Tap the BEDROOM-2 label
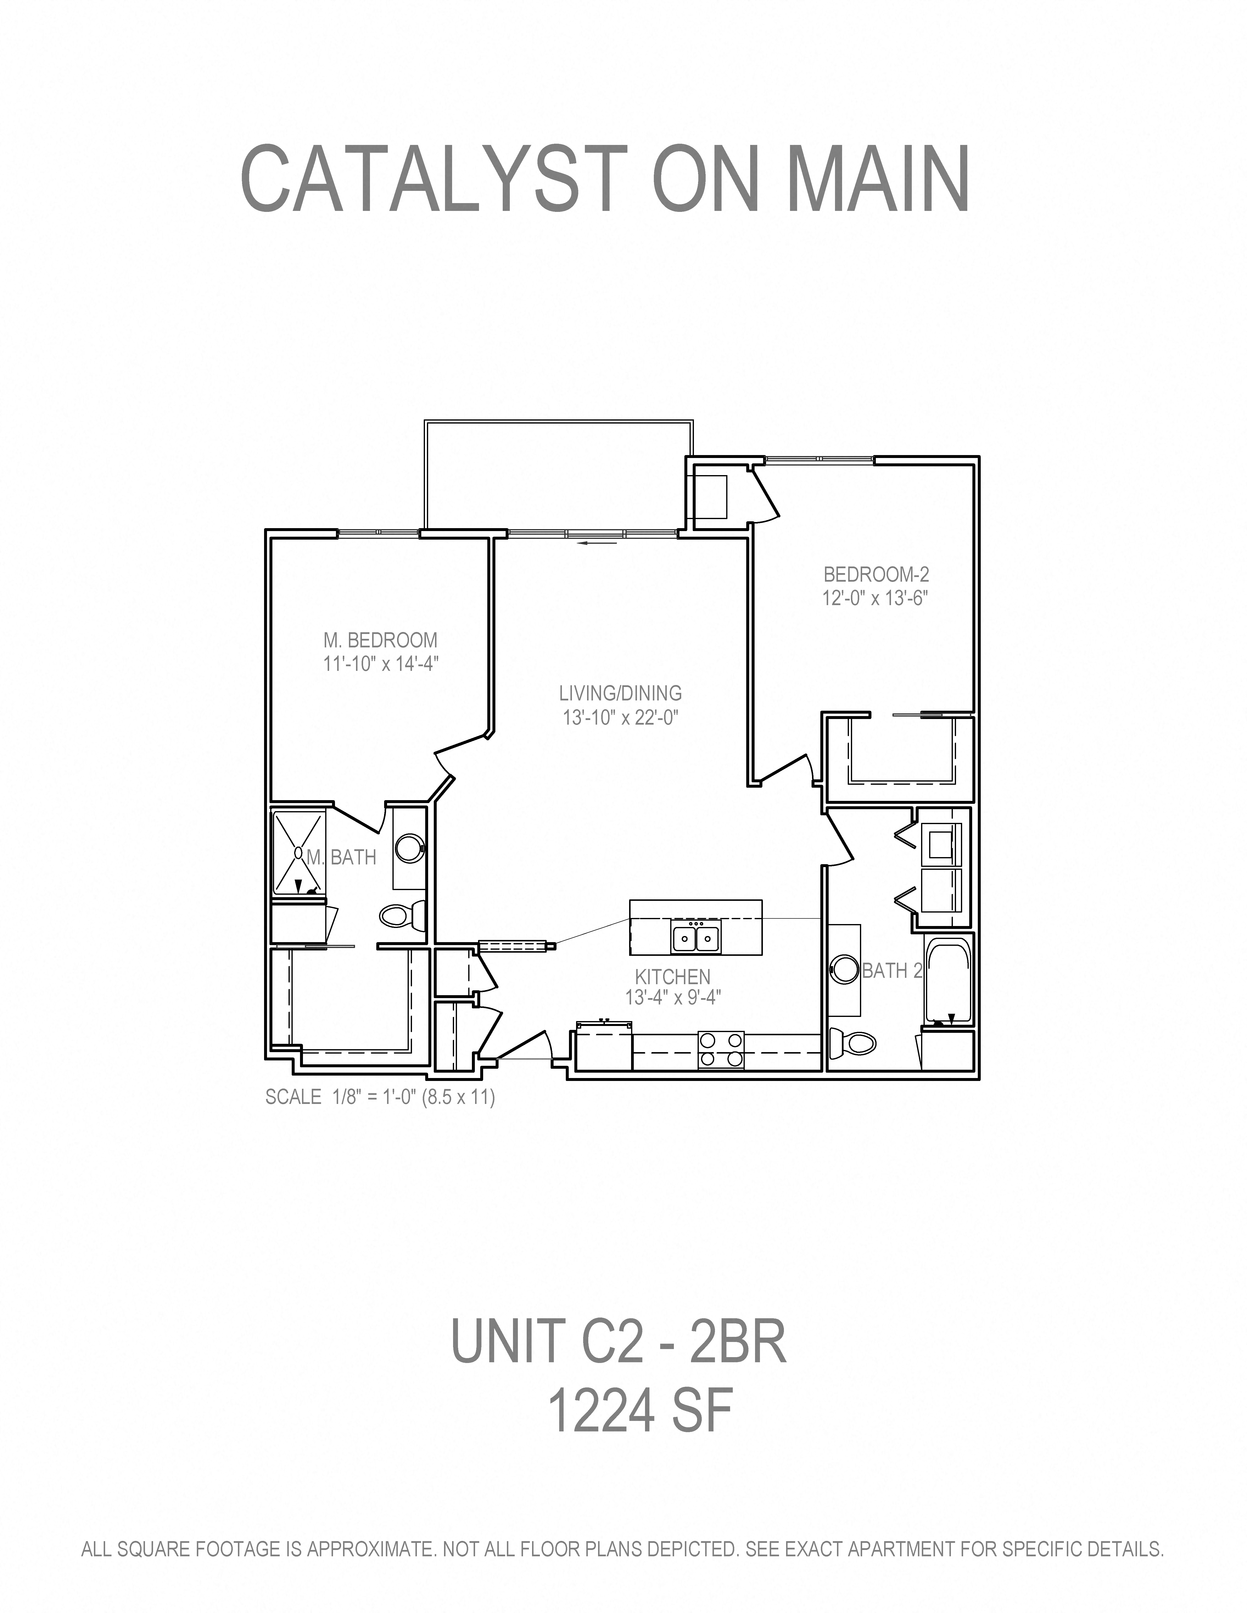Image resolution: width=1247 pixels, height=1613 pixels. click(x=876, y=574)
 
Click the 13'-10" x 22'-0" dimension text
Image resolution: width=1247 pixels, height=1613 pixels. click(x=621, y=717)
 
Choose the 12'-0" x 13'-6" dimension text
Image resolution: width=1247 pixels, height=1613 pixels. click(x=875, y=598)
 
